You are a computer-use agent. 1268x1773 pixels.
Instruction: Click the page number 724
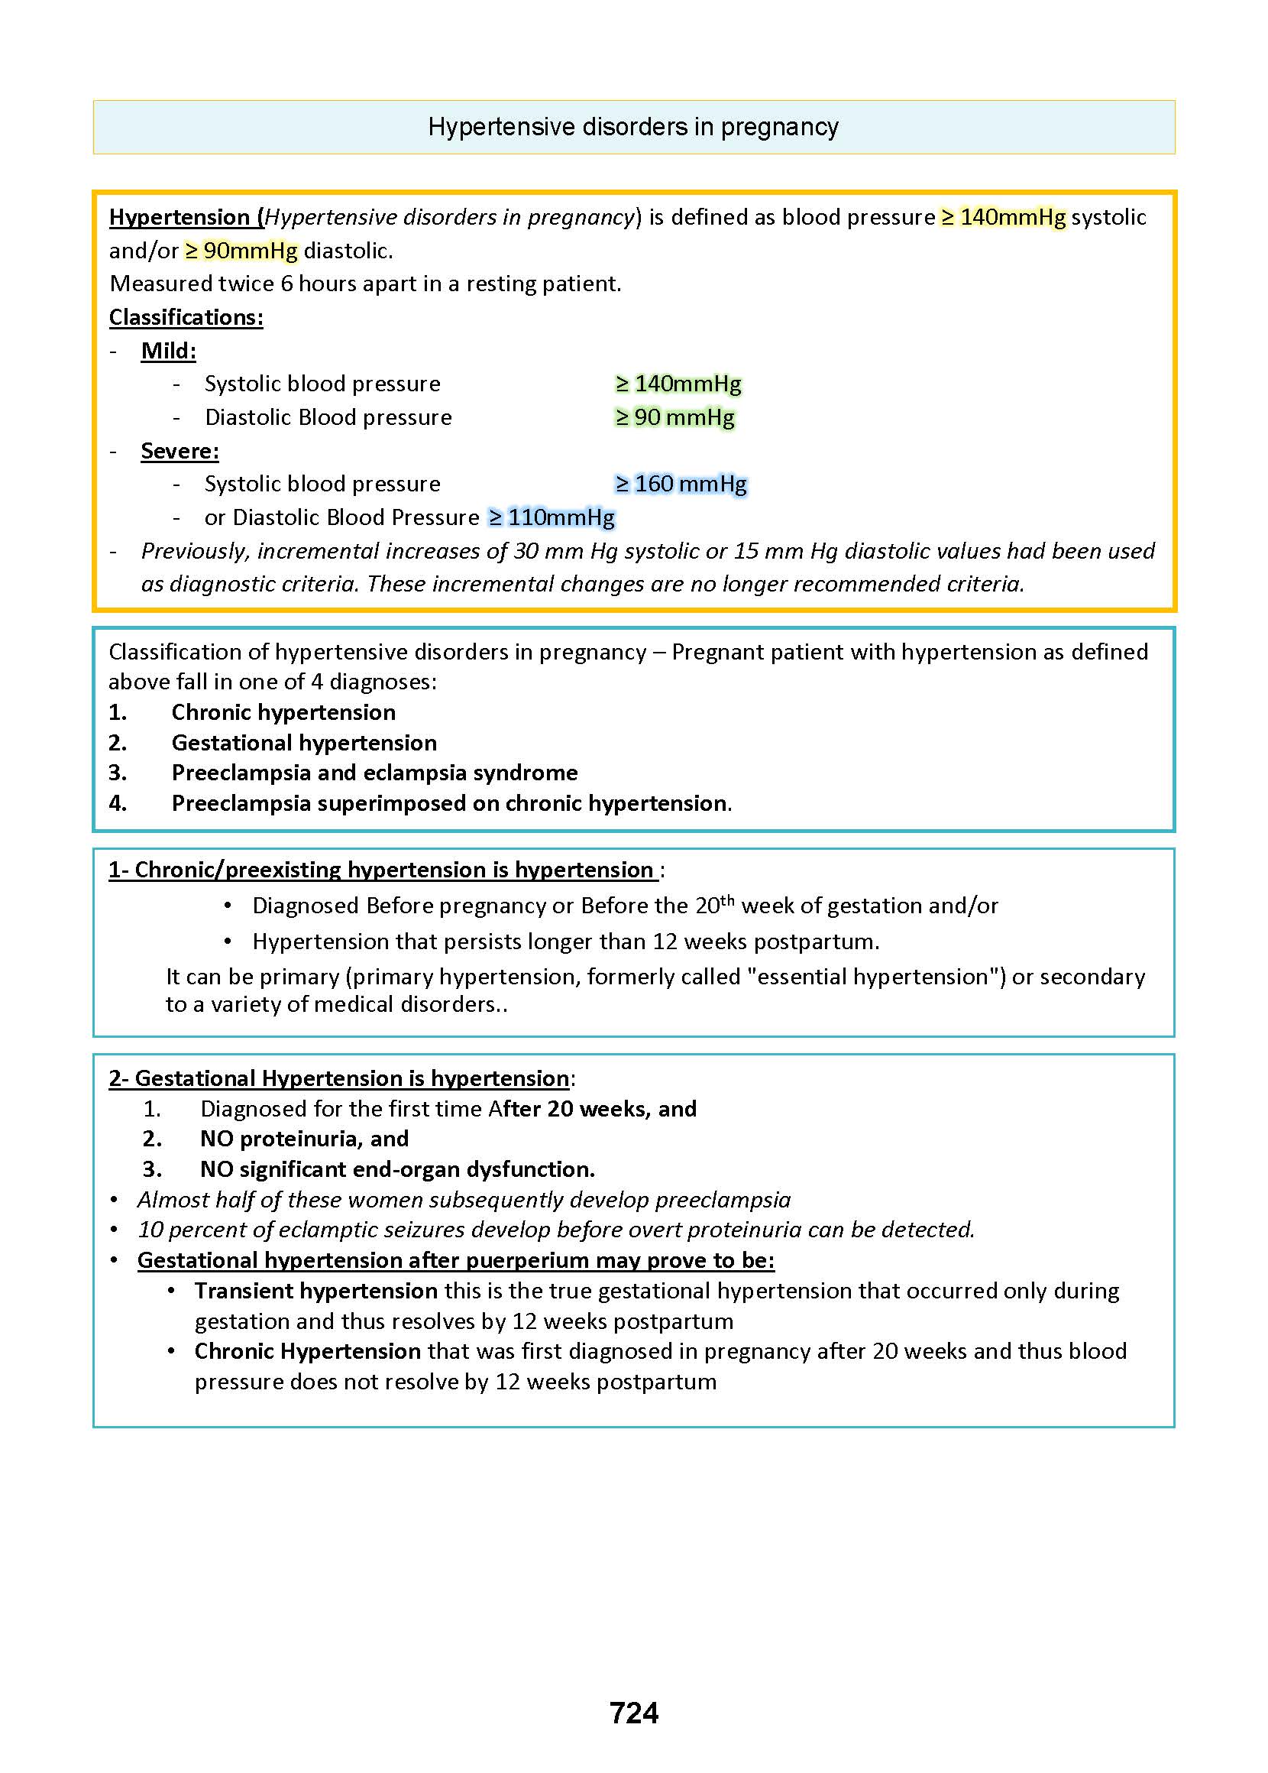pyautogui.click(x=633, y=1712)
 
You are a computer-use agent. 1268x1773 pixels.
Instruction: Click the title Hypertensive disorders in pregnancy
pyautogui.click(x=633, y=127)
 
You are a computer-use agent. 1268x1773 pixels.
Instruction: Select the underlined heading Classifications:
pyautogui.click(x=186, y=317)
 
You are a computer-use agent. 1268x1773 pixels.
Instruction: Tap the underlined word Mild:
pyautogui.click(x=168, y=351)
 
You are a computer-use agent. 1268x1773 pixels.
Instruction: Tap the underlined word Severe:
pyautogui.click(x=180, y=451)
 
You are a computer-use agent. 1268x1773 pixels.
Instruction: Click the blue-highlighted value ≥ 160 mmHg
pyautogui.click(x=681, y=485)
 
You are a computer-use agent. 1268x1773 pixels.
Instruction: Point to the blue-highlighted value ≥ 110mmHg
pyautogui.click(x=552, y=518)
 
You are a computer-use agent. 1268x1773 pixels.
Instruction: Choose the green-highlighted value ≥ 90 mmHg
pyautogui.click(x=674, y=417)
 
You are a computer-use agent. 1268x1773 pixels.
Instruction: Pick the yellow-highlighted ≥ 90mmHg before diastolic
pyautogui.click(x=241, y=251)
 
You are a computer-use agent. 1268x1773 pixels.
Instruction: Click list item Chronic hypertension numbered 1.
pyautogui.click(x=283, y=712)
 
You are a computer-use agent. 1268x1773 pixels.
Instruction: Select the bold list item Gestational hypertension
pyautogui.click(x=304, y=743)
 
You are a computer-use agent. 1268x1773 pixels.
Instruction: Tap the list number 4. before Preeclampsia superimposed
pyautogui.click(x=118, y=803)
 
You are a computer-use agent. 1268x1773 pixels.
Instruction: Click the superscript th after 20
pyautogui.click(x=727, y=899)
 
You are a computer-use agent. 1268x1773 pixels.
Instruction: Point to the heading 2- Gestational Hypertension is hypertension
pyautogui.click(x=339, y=1078)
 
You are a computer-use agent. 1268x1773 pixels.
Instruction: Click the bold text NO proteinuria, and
pyautogui.click(x=304, y=1139)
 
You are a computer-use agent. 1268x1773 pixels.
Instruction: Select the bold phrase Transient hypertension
pyautogui.click(x=315, y=1290)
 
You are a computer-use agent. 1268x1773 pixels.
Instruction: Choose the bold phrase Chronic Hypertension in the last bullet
pyautogui.click(x=308, y=1350)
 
